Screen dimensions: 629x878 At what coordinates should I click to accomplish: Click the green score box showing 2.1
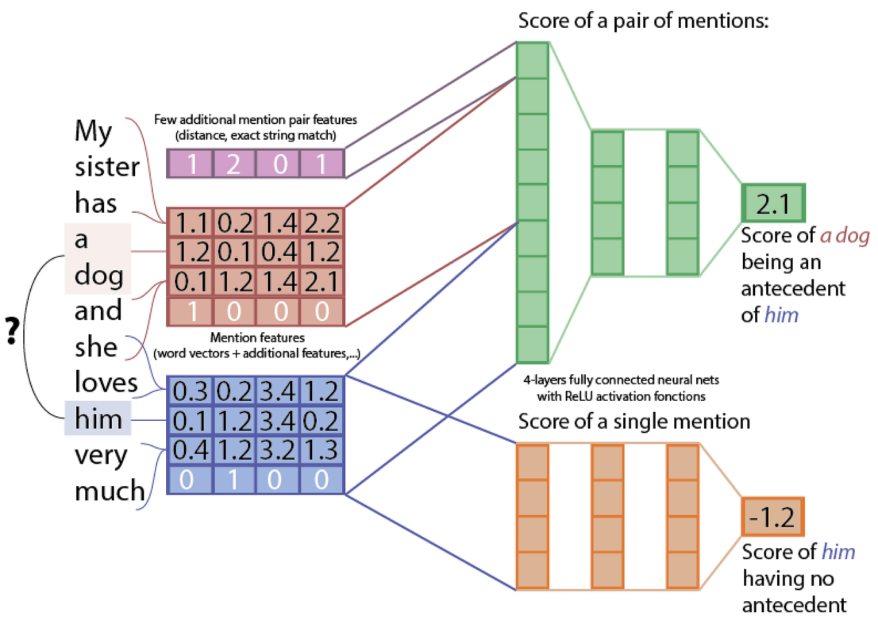point(773,204)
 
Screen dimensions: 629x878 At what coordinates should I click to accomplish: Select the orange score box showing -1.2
point(772,517)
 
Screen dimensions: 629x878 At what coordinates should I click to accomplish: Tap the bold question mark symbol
point(12,331)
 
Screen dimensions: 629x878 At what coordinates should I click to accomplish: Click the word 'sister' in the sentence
point(107,167)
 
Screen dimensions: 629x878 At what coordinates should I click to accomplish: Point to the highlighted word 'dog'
point(98,275)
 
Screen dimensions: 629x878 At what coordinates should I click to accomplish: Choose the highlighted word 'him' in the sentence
point(98,419)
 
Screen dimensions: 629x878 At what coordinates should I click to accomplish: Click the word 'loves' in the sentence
point(106,383)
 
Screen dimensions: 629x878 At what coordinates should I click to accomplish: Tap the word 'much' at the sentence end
point(109,491)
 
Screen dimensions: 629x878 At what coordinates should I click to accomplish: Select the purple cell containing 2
point(233,164)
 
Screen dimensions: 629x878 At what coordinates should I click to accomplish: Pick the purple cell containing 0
point(280,164)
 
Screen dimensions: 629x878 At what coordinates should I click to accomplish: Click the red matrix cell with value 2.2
point(322,224)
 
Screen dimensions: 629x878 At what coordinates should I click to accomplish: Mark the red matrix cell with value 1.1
point(191,224)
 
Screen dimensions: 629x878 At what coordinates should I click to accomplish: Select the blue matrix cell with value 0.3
point(190,392)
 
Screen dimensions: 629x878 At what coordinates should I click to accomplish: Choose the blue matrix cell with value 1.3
point(321,451)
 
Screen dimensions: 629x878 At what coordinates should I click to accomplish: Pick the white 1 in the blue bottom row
point(233,480)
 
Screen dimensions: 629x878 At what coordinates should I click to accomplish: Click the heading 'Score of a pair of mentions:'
point(643,21)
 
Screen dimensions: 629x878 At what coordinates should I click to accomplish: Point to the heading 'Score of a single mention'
point(634,421)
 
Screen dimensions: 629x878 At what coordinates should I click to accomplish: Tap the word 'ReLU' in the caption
point(581,396)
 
